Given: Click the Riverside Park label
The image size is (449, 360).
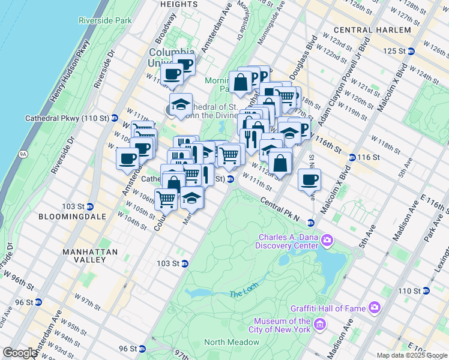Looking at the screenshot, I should [104, 20].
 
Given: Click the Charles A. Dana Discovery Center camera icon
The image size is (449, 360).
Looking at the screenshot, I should [327, 241].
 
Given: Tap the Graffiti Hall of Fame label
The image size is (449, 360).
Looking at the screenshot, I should [338, 308].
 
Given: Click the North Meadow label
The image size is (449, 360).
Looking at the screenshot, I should [231, 343].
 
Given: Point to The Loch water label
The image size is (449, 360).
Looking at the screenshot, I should [243, 294].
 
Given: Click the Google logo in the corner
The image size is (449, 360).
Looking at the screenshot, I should [20, 353].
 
